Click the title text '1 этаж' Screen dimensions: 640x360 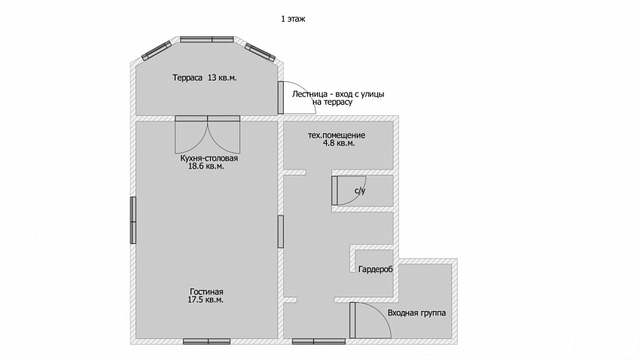[x=293, y=19]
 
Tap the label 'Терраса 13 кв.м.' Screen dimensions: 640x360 [x=205, y=78]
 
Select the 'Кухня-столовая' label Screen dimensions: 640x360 [x=209, y=158]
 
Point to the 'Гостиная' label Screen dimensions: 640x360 [x=206, y=291]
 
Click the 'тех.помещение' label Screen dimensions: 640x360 [x=337, y=135]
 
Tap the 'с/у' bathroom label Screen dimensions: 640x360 [x=360, y=191]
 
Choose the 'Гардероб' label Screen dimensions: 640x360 [x=376, y=270]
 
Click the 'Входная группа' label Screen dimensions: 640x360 [x=416, y=313]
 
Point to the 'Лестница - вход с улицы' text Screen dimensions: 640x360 [x=338, y=94]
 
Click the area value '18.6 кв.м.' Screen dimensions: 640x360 [x=206, y=166]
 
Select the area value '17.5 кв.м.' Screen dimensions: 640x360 [x=206, y=300]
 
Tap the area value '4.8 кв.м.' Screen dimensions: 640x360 [x=339, y=143]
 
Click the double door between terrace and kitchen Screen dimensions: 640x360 [x=207, y=135]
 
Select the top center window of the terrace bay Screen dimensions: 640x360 [x=207, y=40]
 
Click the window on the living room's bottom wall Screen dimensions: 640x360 [x=206, y=341]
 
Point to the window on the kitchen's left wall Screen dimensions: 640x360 [x=133, y=221]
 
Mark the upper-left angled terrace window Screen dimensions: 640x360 [x=157, y=50]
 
